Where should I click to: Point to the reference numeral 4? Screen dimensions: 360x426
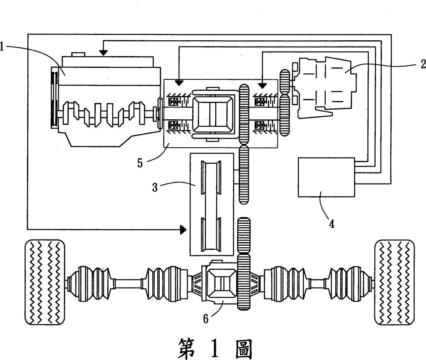coord(332,224)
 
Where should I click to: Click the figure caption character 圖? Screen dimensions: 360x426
coord(243,347)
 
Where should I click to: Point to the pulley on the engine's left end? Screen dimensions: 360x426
coord(54,96)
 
